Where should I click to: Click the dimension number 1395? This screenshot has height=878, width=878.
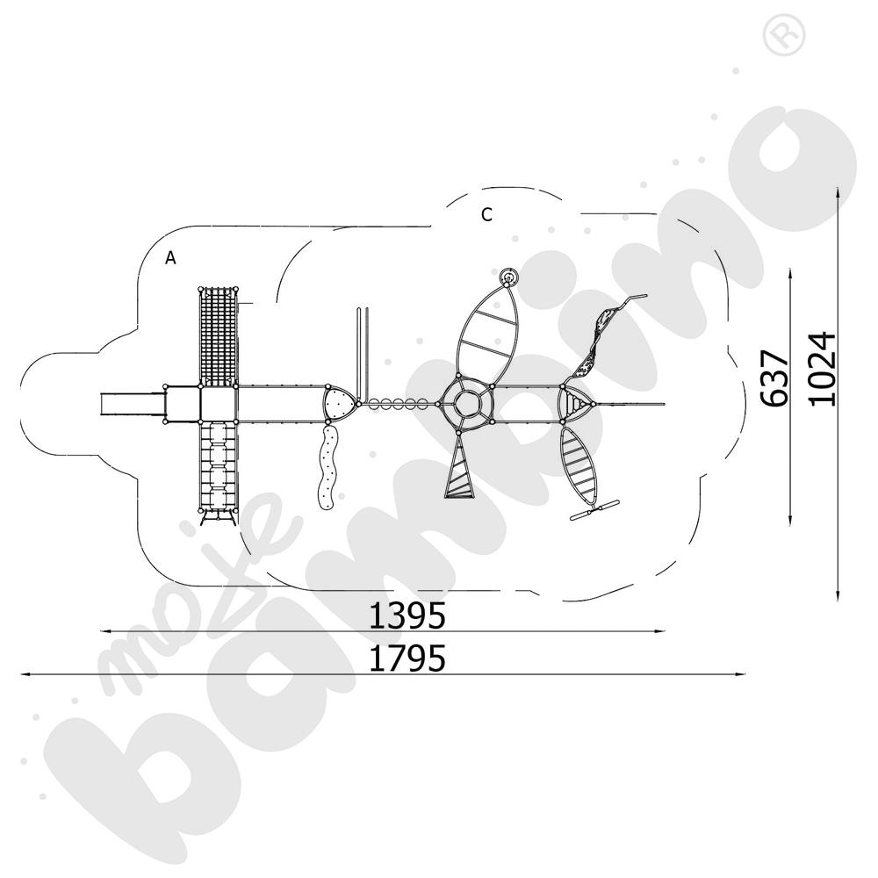407,616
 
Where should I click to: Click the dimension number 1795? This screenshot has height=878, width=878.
407,658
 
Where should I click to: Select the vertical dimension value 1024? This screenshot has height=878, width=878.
824,369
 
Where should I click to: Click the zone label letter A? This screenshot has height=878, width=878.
171,257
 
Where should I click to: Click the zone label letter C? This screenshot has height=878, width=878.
487,214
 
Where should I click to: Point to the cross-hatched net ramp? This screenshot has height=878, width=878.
219,335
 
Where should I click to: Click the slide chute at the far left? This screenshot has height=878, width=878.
132,405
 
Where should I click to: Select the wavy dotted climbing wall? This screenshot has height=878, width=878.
327,470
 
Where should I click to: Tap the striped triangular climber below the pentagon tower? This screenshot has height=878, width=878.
459,472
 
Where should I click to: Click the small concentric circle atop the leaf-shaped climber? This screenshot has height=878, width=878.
508,279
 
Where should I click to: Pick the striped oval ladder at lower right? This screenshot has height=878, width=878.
581,464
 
